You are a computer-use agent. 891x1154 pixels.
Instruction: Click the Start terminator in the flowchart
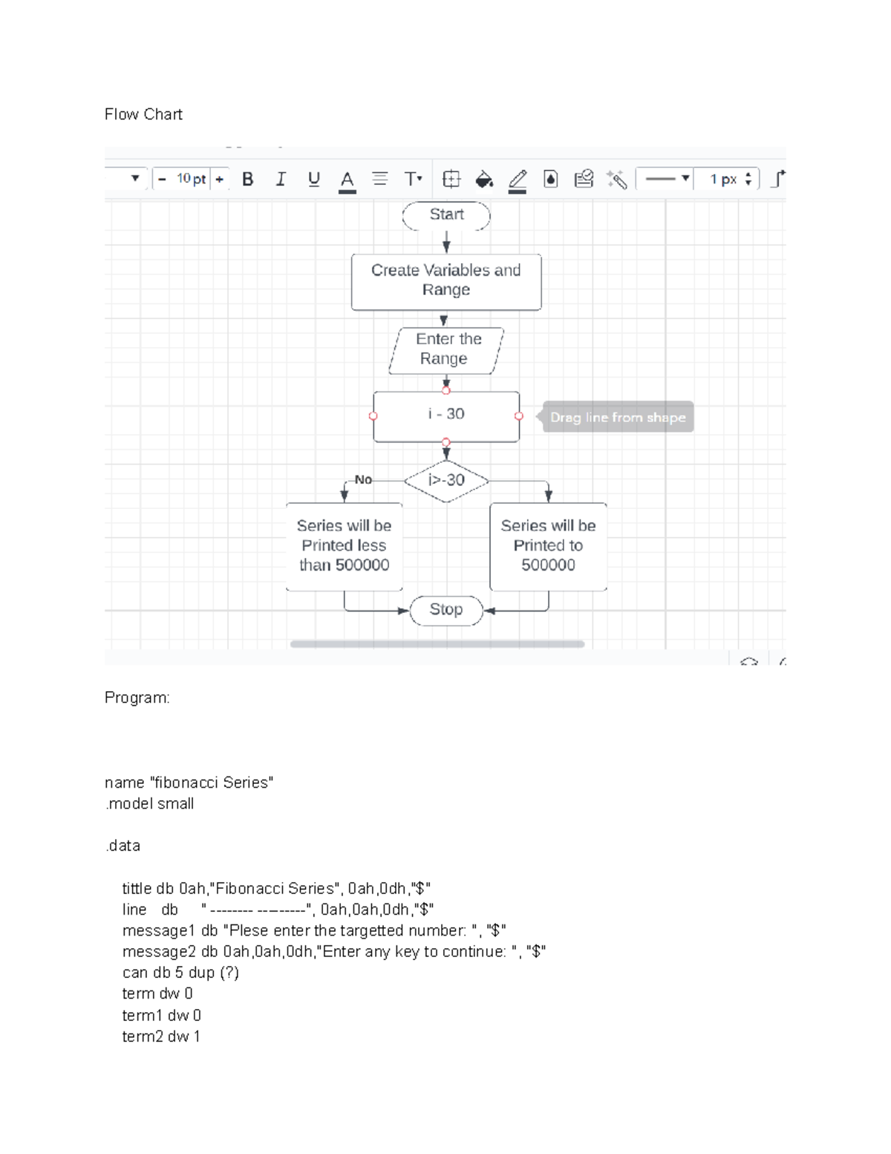(x=446, y=215)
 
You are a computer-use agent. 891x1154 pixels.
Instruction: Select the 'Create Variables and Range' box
(x=446, y=282)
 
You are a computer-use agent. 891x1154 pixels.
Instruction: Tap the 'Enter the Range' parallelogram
(x=446, y=349)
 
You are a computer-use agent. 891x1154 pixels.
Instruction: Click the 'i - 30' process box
(x=446, y=415)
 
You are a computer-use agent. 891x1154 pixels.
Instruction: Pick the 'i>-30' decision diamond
(x=446, y=481)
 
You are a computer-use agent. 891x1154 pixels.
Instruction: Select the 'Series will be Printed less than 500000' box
(x=345, y=546)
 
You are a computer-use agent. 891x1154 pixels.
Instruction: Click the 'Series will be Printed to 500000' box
(x=548, y=546)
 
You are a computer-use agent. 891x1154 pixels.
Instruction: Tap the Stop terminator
(x=446, y=610)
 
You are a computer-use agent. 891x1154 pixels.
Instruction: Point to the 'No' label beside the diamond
(x=363, y=480)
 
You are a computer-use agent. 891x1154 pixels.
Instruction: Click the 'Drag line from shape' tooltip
(x=618, y=418)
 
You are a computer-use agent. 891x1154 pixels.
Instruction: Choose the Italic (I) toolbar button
(x=281, y=179)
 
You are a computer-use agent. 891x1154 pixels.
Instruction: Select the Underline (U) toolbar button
(x=313, y=179)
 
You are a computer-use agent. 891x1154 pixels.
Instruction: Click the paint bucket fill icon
(x=484, y=179)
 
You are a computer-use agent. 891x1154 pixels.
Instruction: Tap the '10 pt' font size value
(x=191, y=179)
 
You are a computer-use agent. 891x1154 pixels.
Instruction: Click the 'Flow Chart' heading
(x=143, y=114)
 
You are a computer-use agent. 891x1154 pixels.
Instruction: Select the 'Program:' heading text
(x=137, y=698)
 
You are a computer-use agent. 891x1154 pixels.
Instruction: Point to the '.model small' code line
(x=150, y=804)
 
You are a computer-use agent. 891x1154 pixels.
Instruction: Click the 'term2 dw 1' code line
(x=161, y=1037)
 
